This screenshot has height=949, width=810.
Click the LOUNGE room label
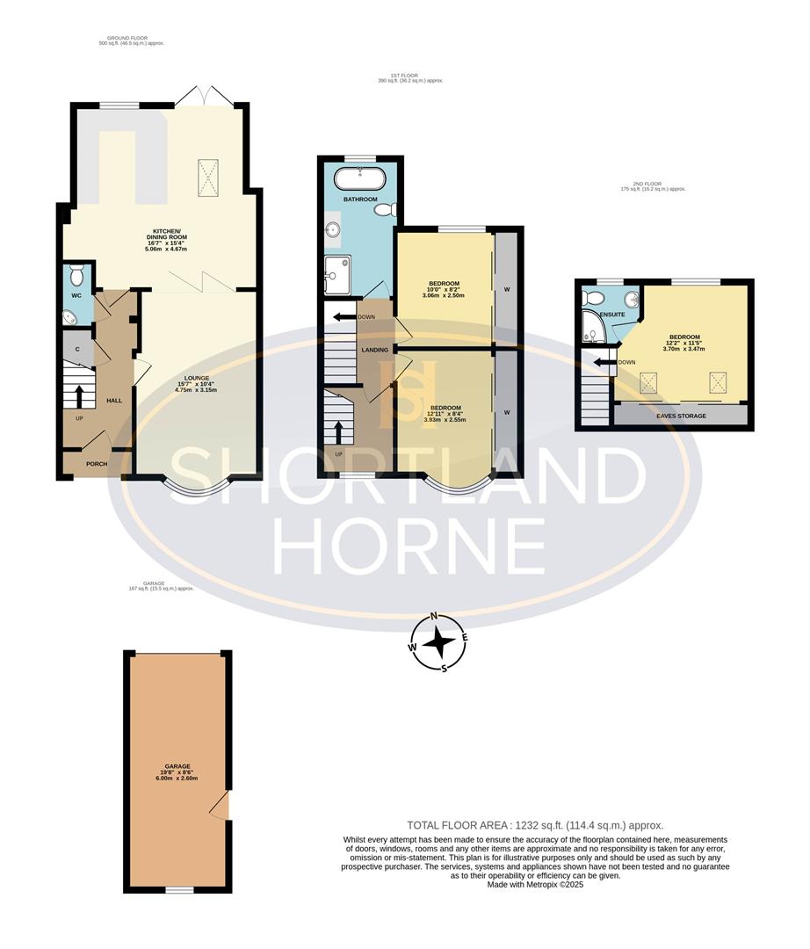coord(198,379)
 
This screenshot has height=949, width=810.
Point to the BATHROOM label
coord(360,199)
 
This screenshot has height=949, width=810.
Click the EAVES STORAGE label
coord(681,416)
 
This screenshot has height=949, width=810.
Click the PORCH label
coord(97,464)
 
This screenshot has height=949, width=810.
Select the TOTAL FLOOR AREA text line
coord(535,825)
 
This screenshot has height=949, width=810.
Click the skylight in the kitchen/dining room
coord(210,174)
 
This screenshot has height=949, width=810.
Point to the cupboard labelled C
coord(77,349)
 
